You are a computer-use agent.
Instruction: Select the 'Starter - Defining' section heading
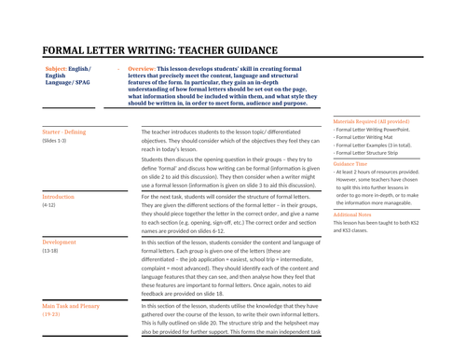coord(64,132)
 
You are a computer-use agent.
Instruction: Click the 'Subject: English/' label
coord(67,69)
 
